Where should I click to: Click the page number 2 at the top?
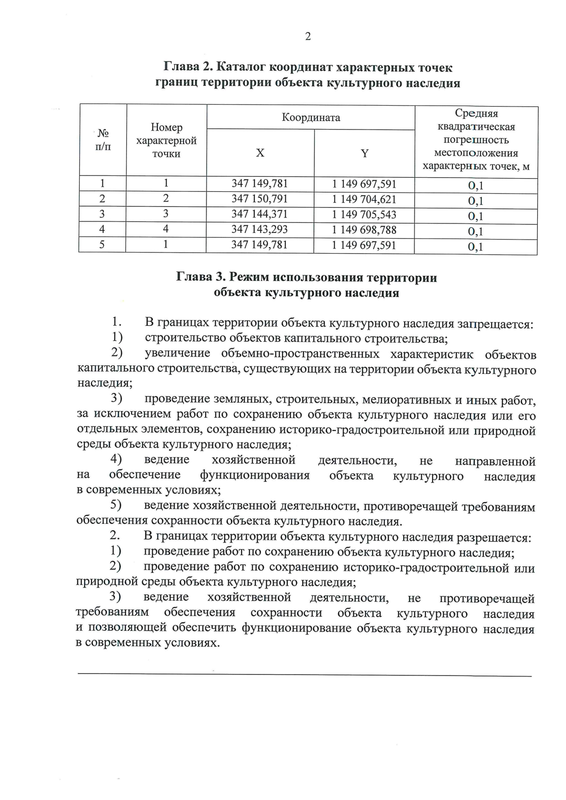(308, 37)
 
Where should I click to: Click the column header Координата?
(311, 117)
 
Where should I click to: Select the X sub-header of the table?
(260, 153)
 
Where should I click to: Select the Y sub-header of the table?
(365, 153)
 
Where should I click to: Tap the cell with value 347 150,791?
(259, 199)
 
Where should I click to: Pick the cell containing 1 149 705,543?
(364, 214)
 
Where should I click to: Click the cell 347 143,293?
(259, 230)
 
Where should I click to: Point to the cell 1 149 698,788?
(364, 230)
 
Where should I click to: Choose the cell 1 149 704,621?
(364, 199)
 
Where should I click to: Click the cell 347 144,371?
(259, 214)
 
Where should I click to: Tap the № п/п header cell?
(103, 140)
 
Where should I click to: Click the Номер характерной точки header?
(166, 140)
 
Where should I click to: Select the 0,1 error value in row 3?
(475, 216)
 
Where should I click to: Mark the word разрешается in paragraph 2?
(494, 538)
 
